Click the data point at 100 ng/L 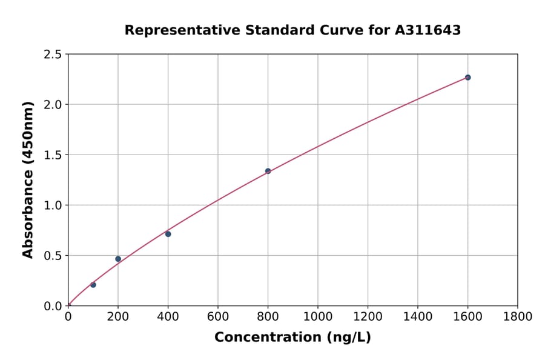[93, 285]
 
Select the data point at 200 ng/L [118, 259]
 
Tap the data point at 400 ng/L [168, 234]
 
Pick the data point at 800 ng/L [268, 171]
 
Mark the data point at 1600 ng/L [467, 78]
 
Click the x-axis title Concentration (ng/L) [292, 338]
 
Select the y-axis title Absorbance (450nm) [28, 179]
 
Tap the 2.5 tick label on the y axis [53, 55]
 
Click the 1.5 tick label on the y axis [53, 155]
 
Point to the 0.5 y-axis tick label [53, 256]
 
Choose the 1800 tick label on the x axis [517, 316]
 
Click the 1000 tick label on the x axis [317, 316]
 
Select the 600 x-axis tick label [218, 316]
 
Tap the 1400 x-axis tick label [417, 316]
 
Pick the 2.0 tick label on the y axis [53, 105]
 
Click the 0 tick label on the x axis [68, 316]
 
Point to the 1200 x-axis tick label [368, 316]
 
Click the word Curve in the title [339, 30]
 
